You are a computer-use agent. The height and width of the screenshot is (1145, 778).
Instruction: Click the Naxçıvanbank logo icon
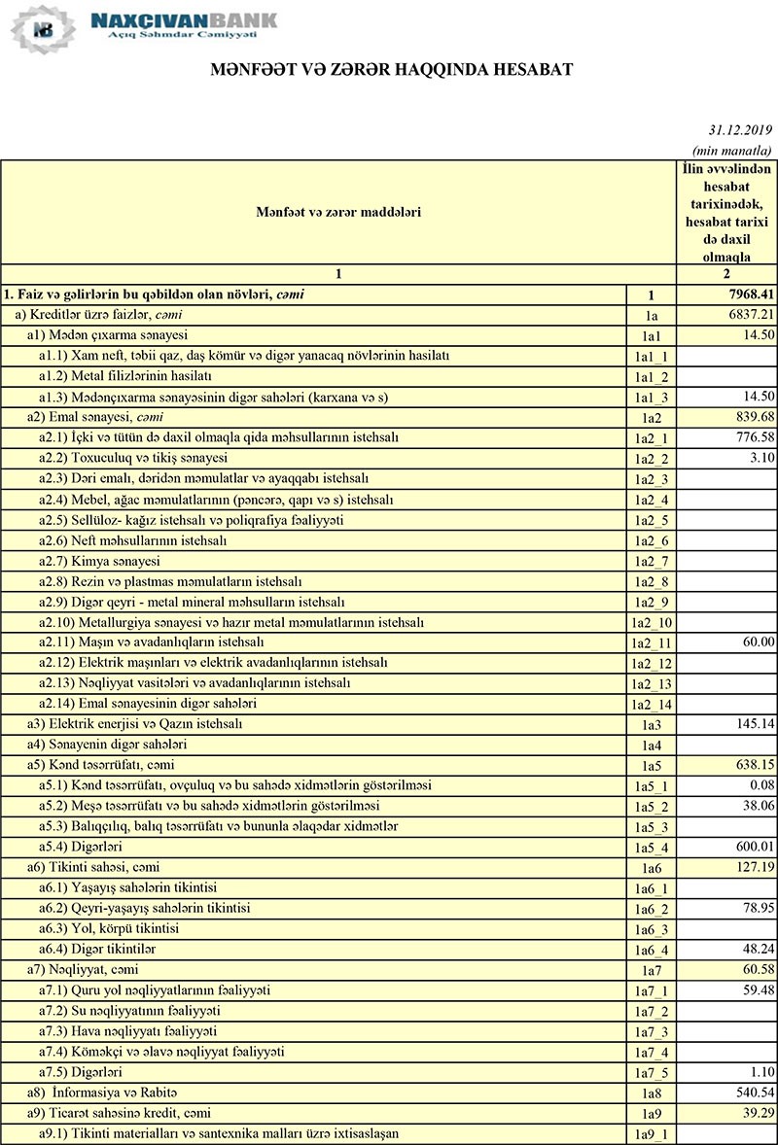[x=41, y=28]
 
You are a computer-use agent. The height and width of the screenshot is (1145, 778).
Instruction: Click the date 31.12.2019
[x=739, y=130]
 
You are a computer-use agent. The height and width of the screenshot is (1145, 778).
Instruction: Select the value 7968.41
[x=746, y=294]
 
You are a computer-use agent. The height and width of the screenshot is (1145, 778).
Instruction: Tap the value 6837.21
[x=746, y=314]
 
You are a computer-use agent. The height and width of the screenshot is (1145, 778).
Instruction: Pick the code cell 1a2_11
[x=652, y=642]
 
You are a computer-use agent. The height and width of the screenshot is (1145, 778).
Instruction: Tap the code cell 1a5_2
[x=652, y=807]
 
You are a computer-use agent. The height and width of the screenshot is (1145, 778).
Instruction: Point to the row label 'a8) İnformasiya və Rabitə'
[x=102, y=1093]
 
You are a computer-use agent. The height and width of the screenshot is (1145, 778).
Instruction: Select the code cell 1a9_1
[x=652, y=1134]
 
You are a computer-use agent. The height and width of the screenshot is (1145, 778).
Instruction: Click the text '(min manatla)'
[x=731, y=151]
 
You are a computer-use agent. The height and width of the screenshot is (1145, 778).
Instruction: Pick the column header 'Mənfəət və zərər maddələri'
[x=338, y=211]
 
